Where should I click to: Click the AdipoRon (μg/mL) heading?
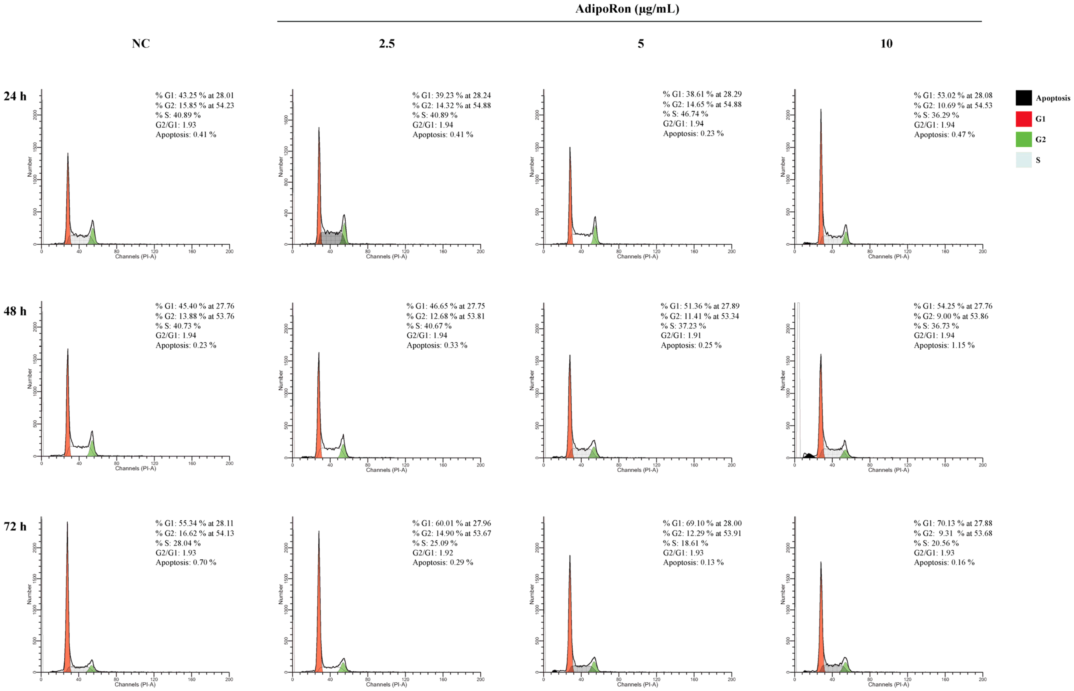pyautogui.click(x=627, y=9)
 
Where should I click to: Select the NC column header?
pyautogui.click(x=141, y=43)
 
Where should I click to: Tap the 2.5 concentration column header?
pyautogui.click(x=387, y=43)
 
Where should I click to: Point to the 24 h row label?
pyautogui.click(x=15, y=96)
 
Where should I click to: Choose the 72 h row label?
pyautogui.click(x=15, y=526)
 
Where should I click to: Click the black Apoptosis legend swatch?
pyautogui.click(x=1023, y=98)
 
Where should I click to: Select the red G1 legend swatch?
pyautogui.click(x=1023, y=119)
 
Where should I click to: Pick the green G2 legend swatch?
pyautogui.click(x=1023, y=139)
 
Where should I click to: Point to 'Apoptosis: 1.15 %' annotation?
pyautogui.click(x=944, y=345)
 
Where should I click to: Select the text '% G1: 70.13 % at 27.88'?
pyautogui.click(x=953, y=523)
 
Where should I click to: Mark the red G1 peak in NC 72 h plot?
pyautogui.click(x=67, y=628)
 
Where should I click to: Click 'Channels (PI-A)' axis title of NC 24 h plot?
pyautogui.click(x=135, y=257)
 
